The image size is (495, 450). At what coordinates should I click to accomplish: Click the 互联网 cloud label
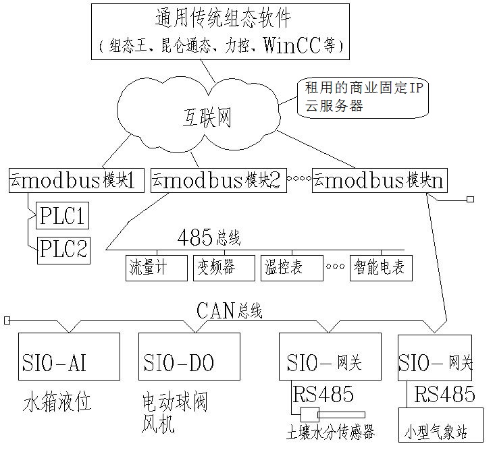coord(207,118)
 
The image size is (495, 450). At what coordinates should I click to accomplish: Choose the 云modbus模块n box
coord(378,180)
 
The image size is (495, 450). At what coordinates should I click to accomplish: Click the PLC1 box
coord(62,216)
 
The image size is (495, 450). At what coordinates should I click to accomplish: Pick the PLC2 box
coord(62,249)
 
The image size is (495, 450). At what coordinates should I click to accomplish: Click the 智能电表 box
coord(380,268)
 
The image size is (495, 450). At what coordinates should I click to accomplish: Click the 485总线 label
coord(209,238)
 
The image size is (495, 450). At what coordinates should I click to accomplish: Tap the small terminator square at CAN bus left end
coord(7,319)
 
